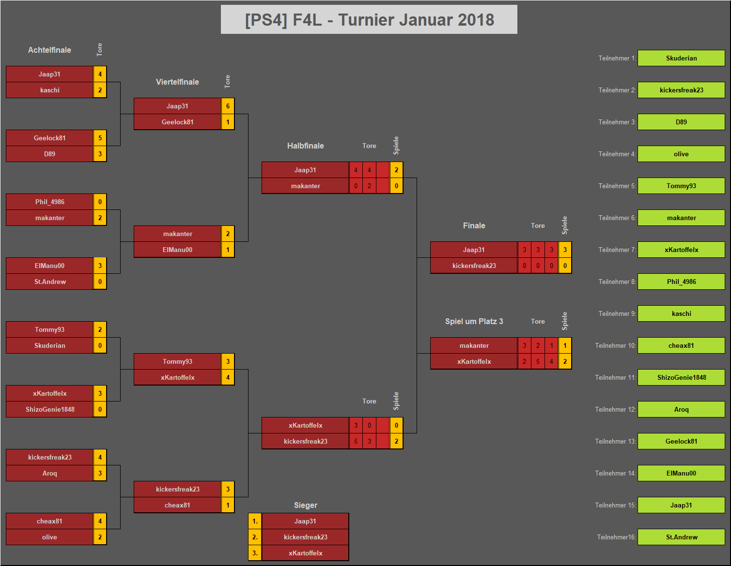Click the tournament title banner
[369, 19]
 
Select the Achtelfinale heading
[49, 50]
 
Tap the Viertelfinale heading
[177, 82]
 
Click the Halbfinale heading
[306, 146]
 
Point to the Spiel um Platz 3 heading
[474, 322]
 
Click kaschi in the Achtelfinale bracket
[49, 90]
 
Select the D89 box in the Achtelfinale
[49, 154]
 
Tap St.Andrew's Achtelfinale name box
[49, 282]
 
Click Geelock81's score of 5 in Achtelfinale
[100, 138]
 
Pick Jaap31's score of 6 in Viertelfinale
[228, 106]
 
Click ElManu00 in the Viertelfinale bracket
[177, 250]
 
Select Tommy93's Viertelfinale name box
[177, 361]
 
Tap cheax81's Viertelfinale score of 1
[228, 505]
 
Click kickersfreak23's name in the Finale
[474, 266]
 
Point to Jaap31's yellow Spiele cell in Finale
[565, 250]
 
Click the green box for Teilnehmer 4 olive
[681, 154]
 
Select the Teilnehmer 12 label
[615, 409]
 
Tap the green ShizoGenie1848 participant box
[681, 377]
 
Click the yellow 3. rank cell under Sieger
[255, 553]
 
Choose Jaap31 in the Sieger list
[306, 521]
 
